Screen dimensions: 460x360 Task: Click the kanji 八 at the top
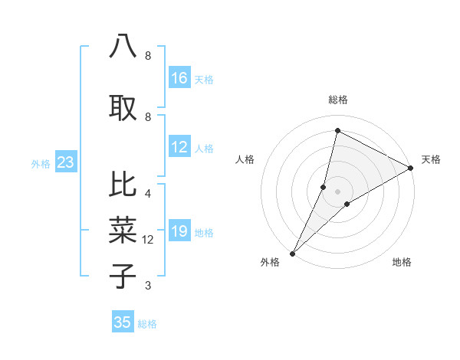pyautogui.click(x=123, y=46)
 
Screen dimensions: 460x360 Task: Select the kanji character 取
pyautogui.click(x=123, y=107)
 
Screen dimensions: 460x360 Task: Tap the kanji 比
pyautogui.click(x=123, y=184)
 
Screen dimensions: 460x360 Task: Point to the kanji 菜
pyautogui.click(x=123, y=229)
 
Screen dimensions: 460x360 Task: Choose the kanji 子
pyautogui.click(x=123, y=275)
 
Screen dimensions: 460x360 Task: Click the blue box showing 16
pyautogui.click(x=179, y=78)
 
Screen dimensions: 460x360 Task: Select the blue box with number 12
pyautogui.click(x=179, y=148)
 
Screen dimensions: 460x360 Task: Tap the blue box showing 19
pyautogui.click(x=179, y=232)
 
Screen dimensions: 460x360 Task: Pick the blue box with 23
pyautogui.click(x=65, y=162)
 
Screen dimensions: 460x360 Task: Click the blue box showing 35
pyautogui.click(x=123, y=322)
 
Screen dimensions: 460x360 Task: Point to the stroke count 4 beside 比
pyautogui.click(x=148, y=193)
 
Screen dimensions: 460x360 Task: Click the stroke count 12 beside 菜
pyautogui.click(x=148, y=240)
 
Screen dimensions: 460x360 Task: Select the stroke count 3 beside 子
pyautogui.click(x=148, y=286)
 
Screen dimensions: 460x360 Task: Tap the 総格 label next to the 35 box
pyautogui.click(x=147, y=324)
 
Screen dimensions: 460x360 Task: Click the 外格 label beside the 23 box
pyautogui.click(x=41, y=163)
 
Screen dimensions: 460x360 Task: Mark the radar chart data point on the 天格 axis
pyautogui.click(x=411, y=169)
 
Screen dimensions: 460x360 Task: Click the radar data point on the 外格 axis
pyautogui.click(x=292, y=253)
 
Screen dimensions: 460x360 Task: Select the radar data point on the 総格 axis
pyautogui.click(x=337, y=131)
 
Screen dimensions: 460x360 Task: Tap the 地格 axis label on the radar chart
pyautogui.click(x=402, y=262)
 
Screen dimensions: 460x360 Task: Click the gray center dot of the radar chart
pyautogui.click(x=337, y=191)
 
